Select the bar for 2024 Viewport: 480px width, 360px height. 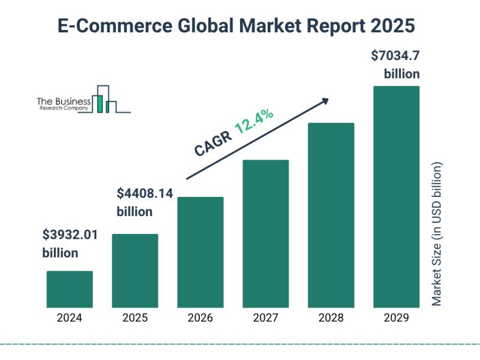pyautogui.click(x=70, y=289)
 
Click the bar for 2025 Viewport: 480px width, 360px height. pyautogui.click(x=135, y=271)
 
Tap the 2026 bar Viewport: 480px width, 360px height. pyautogui.click(x=200, y=252)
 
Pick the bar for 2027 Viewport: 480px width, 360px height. pyautogui.click(x=266, y=233)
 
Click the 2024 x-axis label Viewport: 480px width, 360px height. pyautogui.click(x=70, y=318)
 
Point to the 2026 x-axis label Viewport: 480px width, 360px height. pyautogui.click(x=200, y=318)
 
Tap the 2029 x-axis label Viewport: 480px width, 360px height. pyautogui.click(x=397, y=318)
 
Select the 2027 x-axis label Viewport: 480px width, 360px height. pyautogui.click(x=266, y=318)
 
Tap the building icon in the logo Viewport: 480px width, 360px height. pyautogui.click(x=105, y=100)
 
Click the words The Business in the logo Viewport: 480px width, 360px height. pyautogui.click(x=64, y=102)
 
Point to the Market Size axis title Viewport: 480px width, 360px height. pyautogui.click(x=437, y=234)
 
